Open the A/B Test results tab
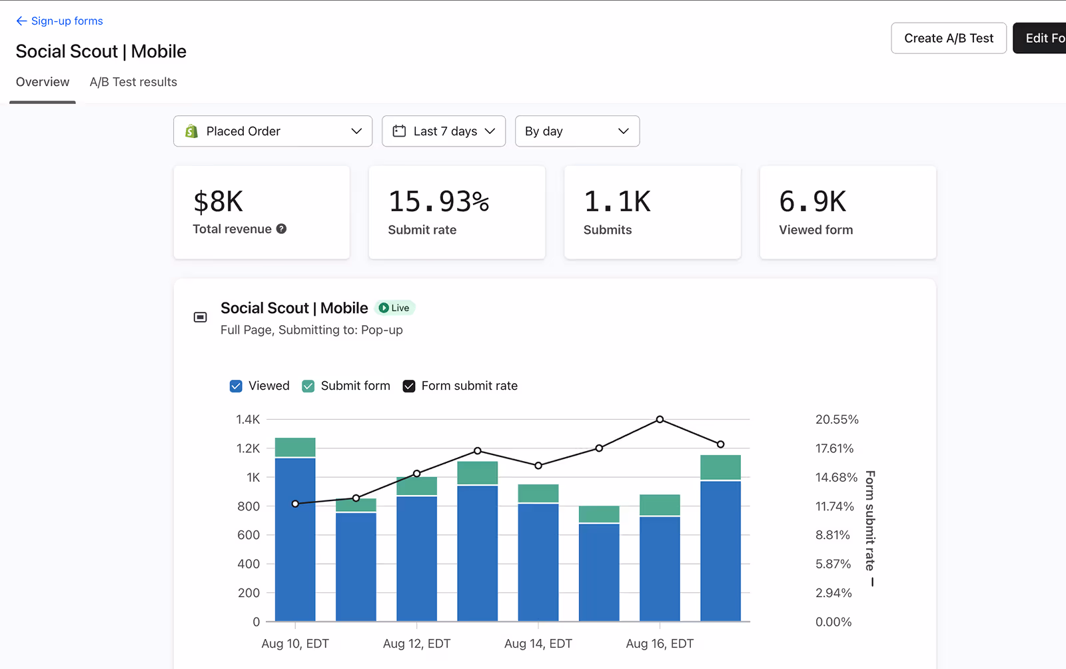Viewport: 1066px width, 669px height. click(x=133, y=82)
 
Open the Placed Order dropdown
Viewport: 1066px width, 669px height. click(x=272, y=131)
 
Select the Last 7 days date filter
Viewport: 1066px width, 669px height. click(x=444, y=131)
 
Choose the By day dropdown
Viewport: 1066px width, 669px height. click(x=577, y=131)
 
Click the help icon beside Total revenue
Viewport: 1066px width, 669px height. click(x=282, y=229)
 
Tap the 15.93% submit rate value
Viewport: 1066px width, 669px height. click(x=439, y=201)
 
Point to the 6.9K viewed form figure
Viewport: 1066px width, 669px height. click(x=813, y=201)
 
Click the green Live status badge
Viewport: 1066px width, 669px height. click(x=394, y=308)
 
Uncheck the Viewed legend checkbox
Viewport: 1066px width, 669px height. click(x=236, y=386)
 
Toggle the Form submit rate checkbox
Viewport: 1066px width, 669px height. click(x=409, y=386)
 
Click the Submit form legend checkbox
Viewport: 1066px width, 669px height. click(x=308, y=386)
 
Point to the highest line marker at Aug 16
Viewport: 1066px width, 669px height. click(x=660, y=419)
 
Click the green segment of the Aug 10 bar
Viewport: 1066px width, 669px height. click(x=295, y=447)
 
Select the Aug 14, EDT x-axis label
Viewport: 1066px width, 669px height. click(x=538, y=644)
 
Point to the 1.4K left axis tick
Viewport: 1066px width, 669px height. click(x=248, y=419)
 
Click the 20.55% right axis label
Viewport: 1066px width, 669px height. click(x=837, y=419)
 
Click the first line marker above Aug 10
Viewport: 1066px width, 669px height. click(x=295, y=504)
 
